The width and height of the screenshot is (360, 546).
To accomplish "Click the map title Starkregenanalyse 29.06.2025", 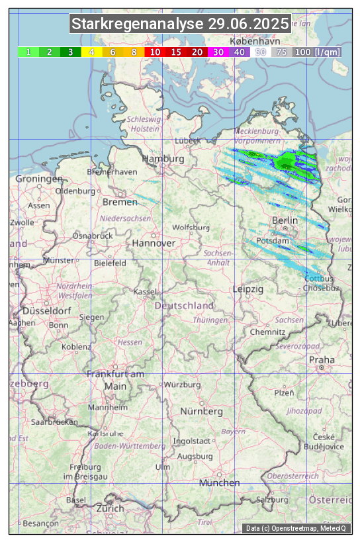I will (180, 24).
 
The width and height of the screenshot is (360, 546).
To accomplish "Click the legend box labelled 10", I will (155, 52).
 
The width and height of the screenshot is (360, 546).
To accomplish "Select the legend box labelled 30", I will (218, 52).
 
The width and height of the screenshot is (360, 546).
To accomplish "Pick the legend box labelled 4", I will (92, 52).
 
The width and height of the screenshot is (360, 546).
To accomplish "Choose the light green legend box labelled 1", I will (28, 52).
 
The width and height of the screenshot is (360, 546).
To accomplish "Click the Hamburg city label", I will (163, 159).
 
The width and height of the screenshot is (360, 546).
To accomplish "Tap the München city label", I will (219, 483).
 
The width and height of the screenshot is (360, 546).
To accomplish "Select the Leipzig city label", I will (248, 290).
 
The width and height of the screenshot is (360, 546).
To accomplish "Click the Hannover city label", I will (154, 244).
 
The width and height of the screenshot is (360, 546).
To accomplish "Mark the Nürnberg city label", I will (202, 412).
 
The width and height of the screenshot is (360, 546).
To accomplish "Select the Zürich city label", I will (110, 508).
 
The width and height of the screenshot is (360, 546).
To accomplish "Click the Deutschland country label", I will (184, 306).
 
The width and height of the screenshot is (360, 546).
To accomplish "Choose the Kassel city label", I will (145, 292).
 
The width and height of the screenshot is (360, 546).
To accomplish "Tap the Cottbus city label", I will (319, 279).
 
